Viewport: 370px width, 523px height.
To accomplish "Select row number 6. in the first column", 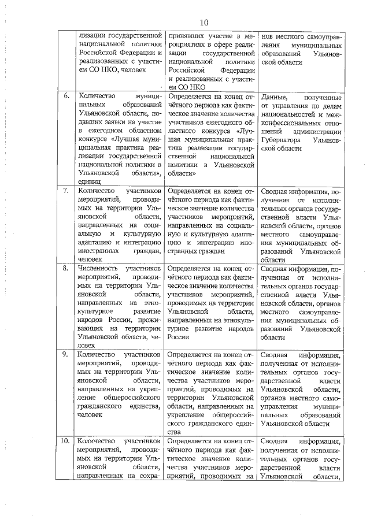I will [x=66, y=95].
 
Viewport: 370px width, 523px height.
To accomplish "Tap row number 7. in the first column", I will [x=66, y=190].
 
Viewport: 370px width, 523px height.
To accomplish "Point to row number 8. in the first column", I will [x=66, y=268].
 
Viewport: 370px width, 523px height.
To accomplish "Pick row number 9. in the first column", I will [x=66, y=355].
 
